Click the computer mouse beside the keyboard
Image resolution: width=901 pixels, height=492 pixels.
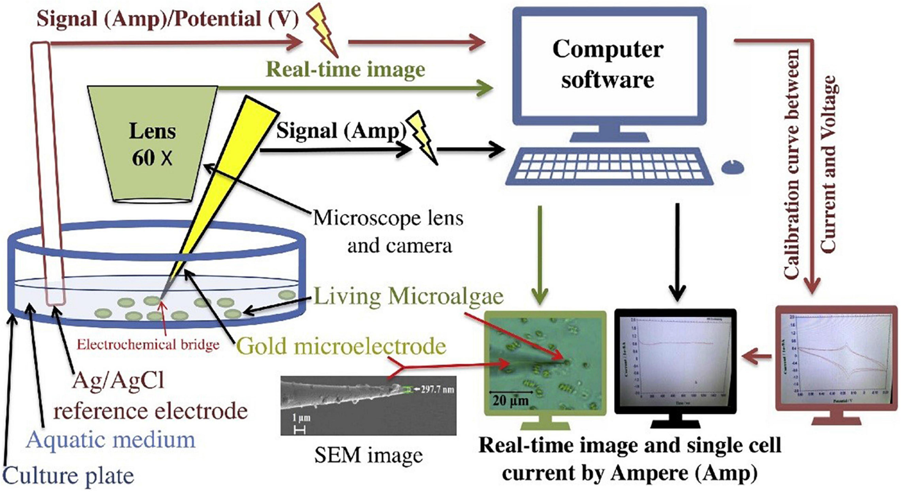pyautogui.click(x=732, y=168)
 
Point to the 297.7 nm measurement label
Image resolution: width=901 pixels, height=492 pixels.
pyautogui.click(x=437, y=389)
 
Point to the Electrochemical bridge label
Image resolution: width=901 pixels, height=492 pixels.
pyautogui.click(x=148, y=345)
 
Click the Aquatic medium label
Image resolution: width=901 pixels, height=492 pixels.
pyautogui.click(x=111, y=439)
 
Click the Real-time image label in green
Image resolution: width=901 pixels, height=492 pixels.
pyautogui.click(x=346, y=69)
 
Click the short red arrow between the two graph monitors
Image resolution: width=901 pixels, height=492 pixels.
pyautogui.click(x=757, y=357)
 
